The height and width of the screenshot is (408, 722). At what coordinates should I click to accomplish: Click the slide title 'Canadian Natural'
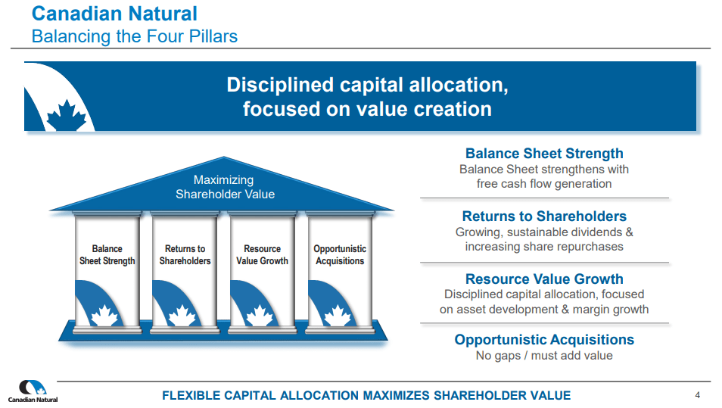click(x=115, y=14)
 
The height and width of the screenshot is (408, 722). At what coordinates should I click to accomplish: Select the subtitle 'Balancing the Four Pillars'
click(x=134, y=36)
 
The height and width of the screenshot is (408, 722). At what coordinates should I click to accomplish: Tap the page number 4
click(x=697, y=394)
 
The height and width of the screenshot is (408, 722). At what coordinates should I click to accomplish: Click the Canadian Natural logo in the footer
click(x=33, y=391)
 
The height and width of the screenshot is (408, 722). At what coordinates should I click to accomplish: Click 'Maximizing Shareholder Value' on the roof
click(x=224, y=187)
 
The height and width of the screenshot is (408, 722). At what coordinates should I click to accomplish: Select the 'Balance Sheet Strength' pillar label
click(x=107, y=255)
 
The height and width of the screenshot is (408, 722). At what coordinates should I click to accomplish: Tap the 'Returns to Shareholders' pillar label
click(x=185, y=255)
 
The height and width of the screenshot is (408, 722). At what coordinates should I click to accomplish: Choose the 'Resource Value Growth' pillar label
click(x=262, y=255)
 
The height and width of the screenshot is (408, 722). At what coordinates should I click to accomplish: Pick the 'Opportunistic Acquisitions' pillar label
click(x=340, y=255)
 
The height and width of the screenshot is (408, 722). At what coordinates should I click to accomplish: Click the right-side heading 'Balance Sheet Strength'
click(x=544, y=154)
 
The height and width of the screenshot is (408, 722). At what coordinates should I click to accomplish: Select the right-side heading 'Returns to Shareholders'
click(x=544, y=216)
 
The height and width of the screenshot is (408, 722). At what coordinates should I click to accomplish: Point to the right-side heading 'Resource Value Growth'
click(x=544, y=279)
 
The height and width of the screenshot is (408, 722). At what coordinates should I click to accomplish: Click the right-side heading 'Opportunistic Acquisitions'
click(x=544, y=340)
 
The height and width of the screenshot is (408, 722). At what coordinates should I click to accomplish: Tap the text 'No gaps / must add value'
click(x=544, y=356)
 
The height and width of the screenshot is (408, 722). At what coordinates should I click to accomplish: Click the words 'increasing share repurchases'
click(x=544, y=247)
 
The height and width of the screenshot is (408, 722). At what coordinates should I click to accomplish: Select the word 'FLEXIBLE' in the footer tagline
click(x=192, y=395)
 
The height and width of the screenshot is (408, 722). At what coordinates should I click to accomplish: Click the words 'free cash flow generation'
click(x=544, y=184)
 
